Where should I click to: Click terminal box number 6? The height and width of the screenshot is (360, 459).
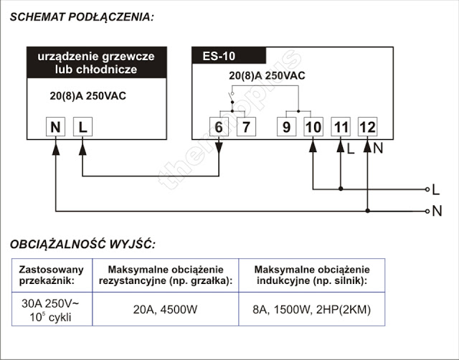[x=219, y=127]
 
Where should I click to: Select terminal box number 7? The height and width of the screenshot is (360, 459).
[x=246, y=127]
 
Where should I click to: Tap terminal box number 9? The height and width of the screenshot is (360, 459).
[x=287, y=127]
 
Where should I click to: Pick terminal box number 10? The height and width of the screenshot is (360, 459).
[x=313, y=127]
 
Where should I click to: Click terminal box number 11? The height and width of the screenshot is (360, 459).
[x=341, y=127]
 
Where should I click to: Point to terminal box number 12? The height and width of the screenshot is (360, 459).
[x=368, y=127]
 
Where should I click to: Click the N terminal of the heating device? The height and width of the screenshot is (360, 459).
[x=56, y=127]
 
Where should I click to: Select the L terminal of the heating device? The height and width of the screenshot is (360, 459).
[x=83, y=127]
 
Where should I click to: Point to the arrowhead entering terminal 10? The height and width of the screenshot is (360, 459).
[x=313, y=146]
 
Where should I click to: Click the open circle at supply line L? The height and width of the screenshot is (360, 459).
[x=427, y=189]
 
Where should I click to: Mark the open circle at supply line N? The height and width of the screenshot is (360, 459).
[x=427, y=211]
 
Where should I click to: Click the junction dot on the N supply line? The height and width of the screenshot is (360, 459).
[x=368, y=211]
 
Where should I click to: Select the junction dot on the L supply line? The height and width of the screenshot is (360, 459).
[x=341, y=189]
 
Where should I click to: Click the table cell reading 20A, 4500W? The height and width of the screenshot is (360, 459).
[x=166, y=309]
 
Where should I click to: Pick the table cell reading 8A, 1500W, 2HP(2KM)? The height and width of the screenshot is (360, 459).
[x=312, y=309]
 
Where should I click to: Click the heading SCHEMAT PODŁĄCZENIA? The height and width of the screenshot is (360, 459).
[x=82, y=17]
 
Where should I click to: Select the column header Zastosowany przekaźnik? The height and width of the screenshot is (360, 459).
[x=52, y=275]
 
